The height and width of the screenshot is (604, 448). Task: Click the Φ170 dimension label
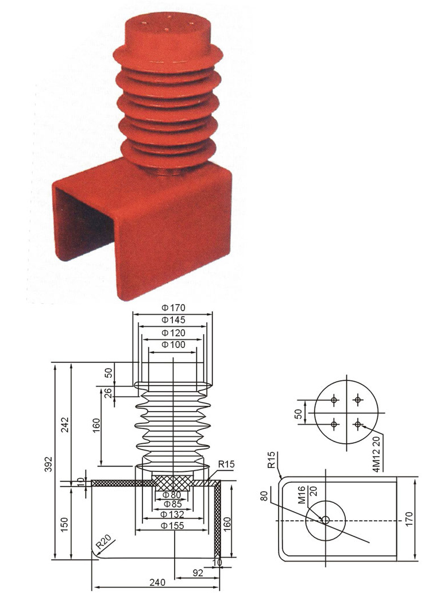point(173,308)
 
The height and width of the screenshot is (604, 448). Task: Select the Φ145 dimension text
point(173,320)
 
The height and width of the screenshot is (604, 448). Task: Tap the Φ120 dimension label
point(173,333)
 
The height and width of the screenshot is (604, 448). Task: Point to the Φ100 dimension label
point(173,344)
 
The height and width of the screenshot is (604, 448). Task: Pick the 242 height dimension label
point(65,424)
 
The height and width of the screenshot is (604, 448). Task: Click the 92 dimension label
point(198,573)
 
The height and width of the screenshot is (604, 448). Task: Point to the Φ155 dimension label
point(173,526)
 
